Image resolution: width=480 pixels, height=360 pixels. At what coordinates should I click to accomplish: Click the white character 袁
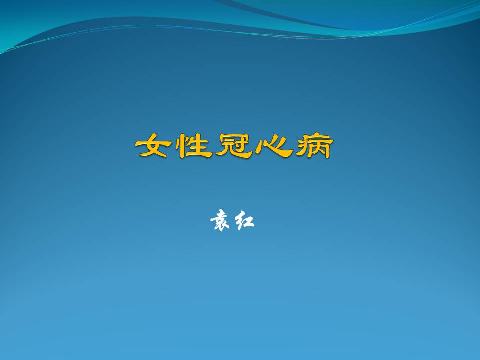(x=220, y=220)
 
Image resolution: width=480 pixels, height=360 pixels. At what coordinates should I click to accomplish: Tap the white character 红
(x=244, y=220)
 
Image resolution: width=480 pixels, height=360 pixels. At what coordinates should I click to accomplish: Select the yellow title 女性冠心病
(x=234, y=146)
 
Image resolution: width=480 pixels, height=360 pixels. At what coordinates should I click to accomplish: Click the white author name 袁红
(x=232, y=220)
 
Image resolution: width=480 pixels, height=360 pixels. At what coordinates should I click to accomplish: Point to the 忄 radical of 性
(x=183, y=146)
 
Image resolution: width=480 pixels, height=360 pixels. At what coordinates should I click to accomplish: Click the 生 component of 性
(x=201, y=146)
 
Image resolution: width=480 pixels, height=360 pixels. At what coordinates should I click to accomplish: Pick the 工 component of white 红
(x=249, y=221)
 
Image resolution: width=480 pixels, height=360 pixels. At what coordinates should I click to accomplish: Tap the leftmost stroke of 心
(x=262, y=148)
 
